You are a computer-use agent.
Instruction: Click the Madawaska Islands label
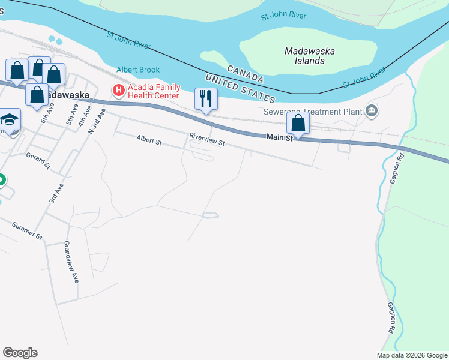(309, 56)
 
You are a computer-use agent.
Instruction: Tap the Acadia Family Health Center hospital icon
(118, 91)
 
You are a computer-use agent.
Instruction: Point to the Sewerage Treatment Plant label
(312, 112)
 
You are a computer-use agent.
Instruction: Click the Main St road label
(279, 138)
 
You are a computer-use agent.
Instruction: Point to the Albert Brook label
(138, 70)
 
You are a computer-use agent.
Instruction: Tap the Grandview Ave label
(71, 262)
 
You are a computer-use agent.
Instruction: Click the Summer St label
(28, 231)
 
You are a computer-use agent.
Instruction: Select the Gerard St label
(37, 159)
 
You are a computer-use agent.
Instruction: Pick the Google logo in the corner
(20, 353)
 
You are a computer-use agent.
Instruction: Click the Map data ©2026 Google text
(412, 355)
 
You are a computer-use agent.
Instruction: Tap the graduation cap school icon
(10, 119)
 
